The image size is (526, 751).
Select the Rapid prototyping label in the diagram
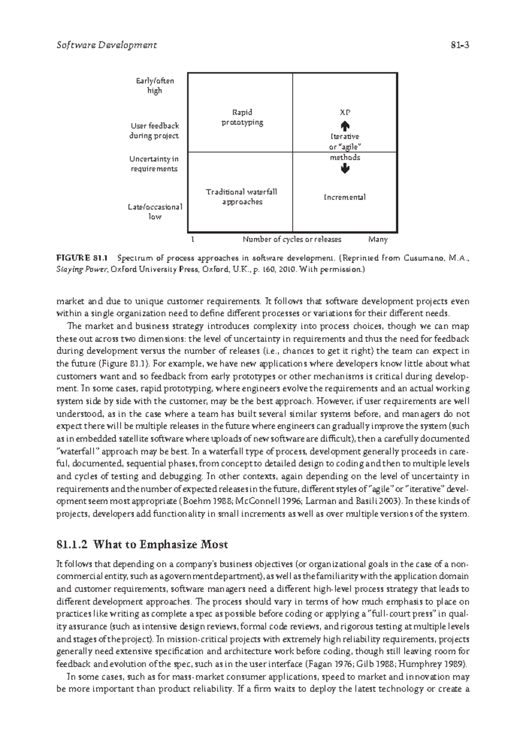tap(242, 117)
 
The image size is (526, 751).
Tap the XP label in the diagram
tap(345, 113)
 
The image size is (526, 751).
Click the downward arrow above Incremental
tap(345, 169)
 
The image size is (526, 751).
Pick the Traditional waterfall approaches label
tap(242, 197)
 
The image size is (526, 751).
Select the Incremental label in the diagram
tap(345, 197)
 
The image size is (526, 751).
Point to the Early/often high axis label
tap(155, 86)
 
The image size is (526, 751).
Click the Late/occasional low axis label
tap(155, 212)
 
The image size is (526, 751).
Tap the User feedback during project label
tap(154, 131)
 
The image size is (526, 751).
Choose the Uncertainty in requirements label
tap(153, 164)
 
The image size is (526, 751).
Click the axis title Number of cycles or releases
tap(292, 240)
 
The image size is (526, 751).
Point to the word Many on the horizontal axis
tap(378, 240)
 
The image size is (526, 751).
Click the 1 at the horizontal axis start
tap(193, 240)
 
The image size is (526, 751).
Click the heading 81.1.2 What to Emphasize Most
tap(142, 545)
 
